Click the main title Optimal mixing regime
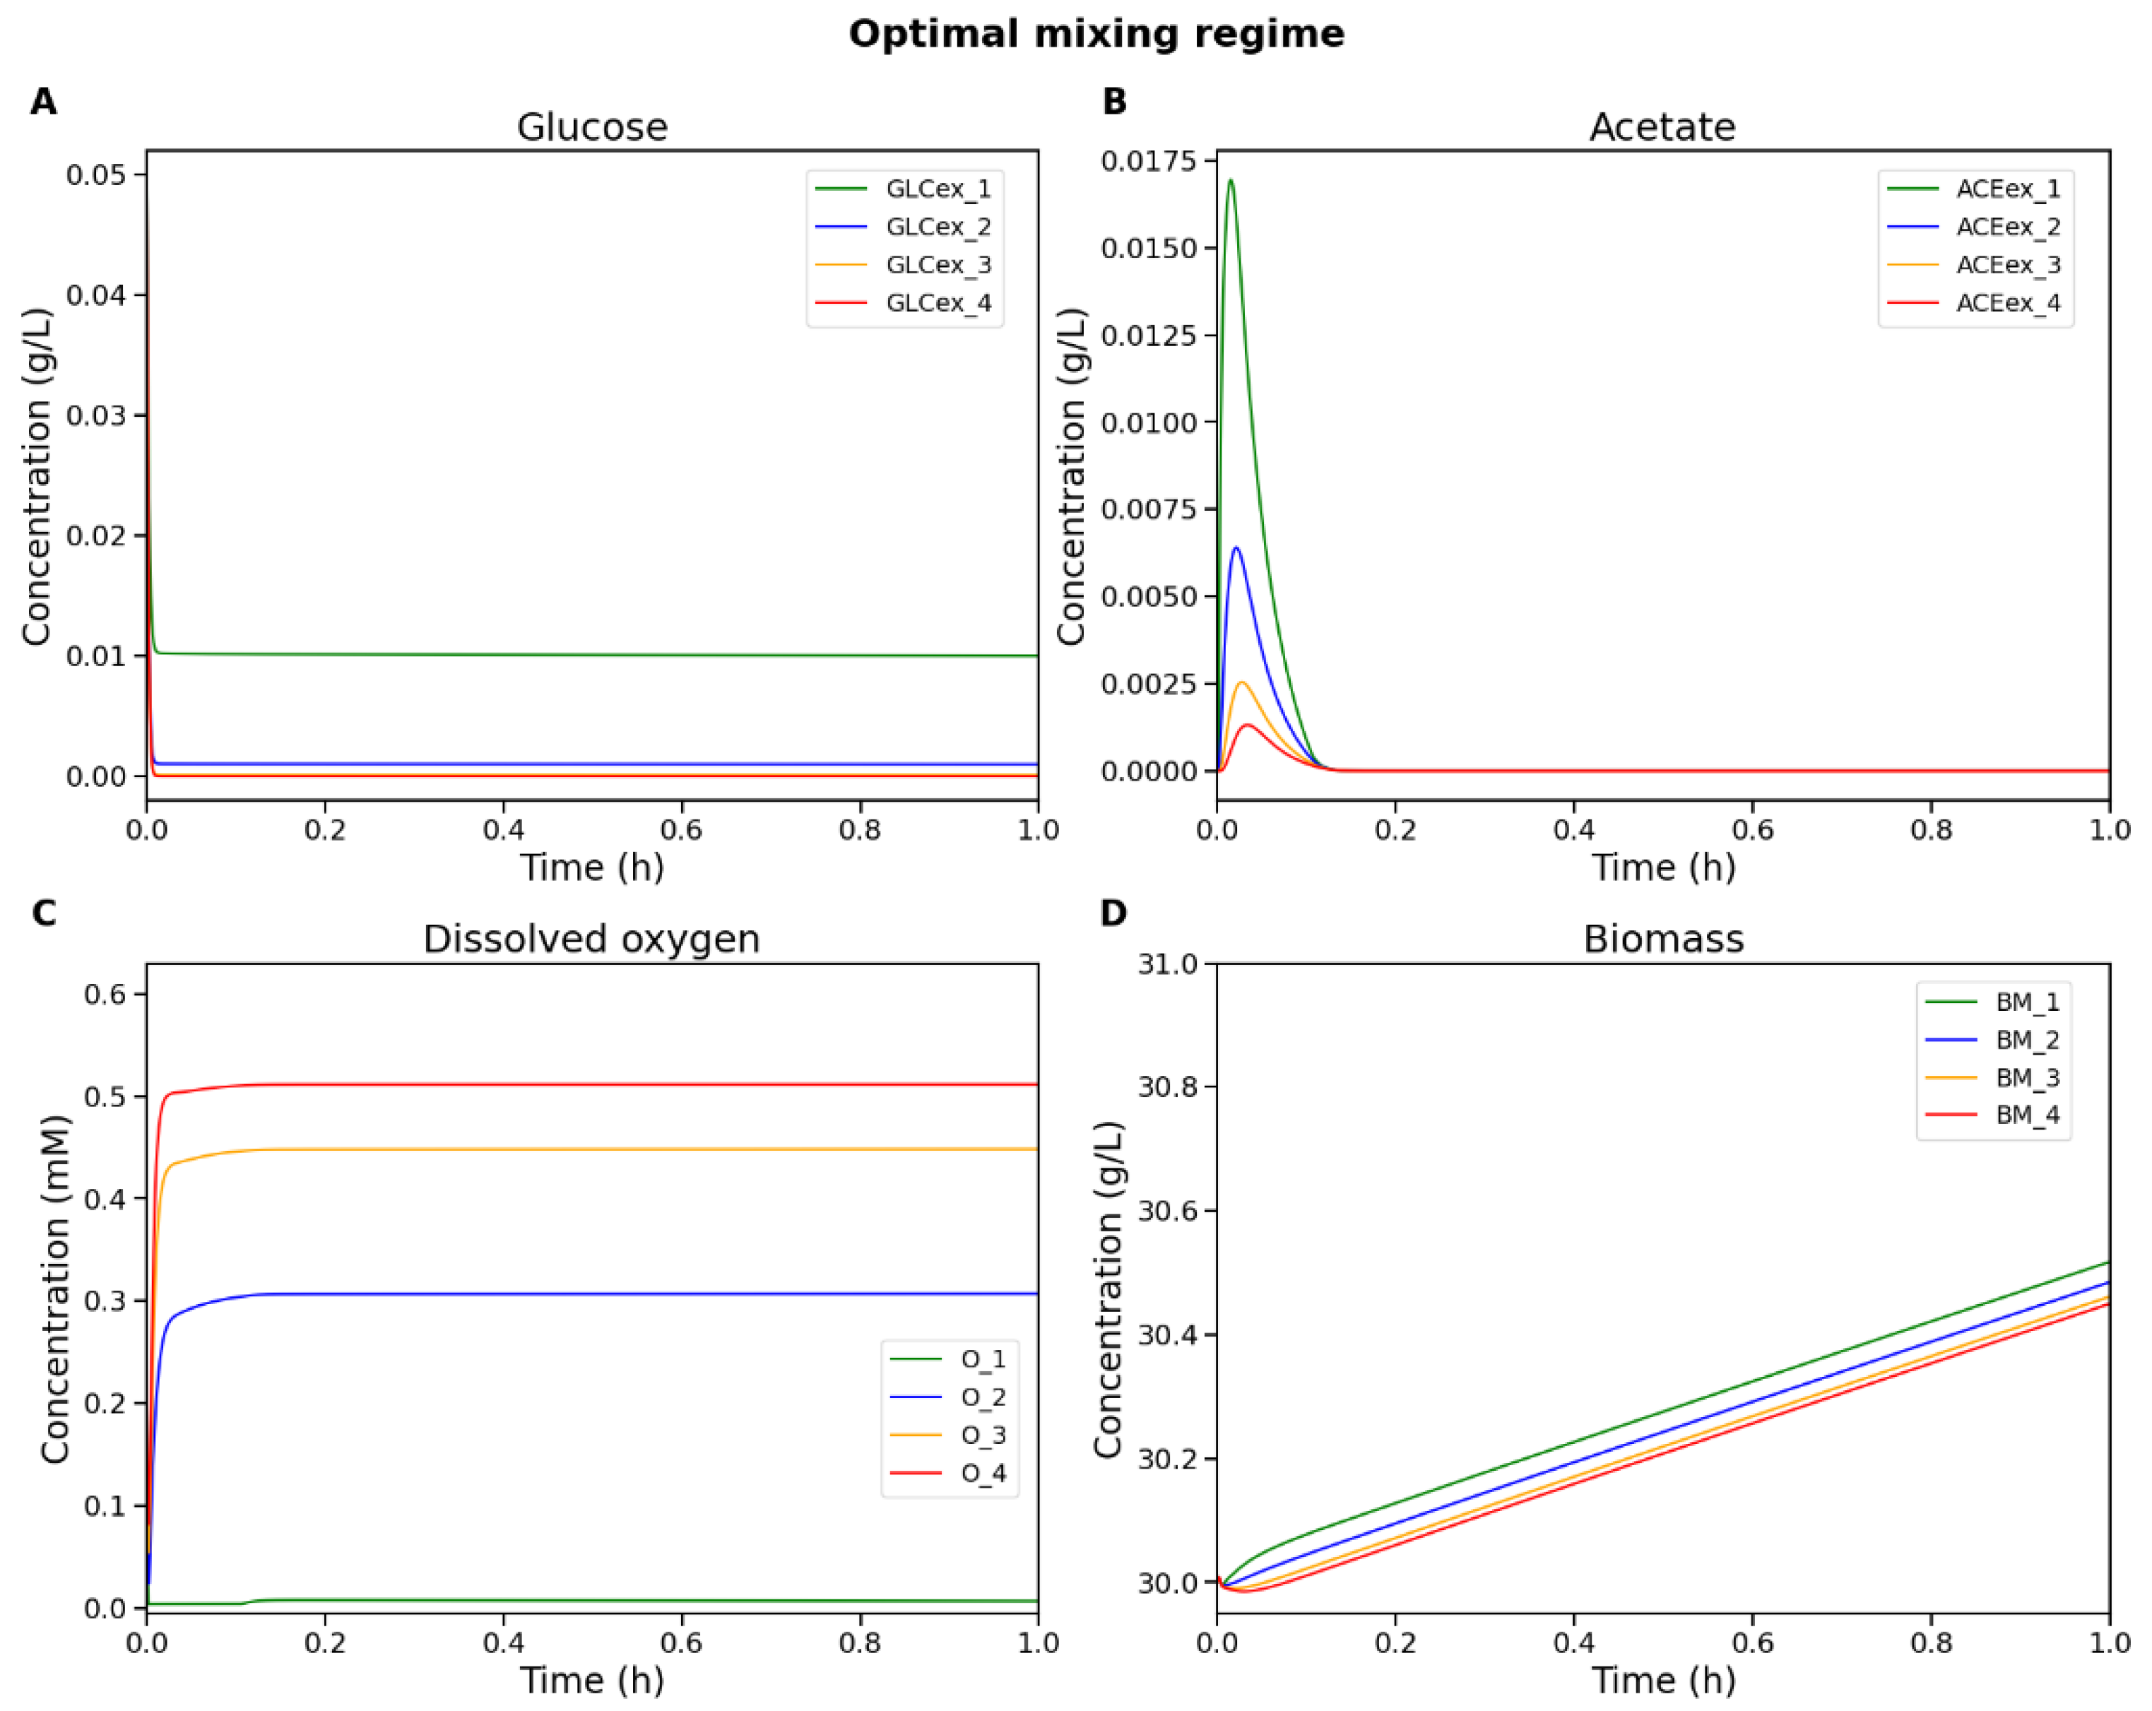pyautogui.click(x=1096, y=34)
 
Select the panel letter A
pyautogui.click(x=43, y=102)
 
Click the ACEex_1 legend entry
pyautogui.click(x=2007, y=189)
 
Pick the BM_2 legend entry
pyautogui.click(x=2027, y=1040)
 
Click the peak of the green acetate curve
pyautogui.click(x=1231, y=181)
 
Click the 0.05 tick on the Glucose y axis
pyautogui.click(x=96, y=174)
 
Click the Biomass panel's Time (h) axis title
pyautogui.click(x=1663, y=1679)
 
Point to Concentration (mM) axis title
pyautogui.click(x=55, y=1289)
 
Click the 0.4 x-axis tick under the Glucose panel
pyautogui.click(x=503, y=829)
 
